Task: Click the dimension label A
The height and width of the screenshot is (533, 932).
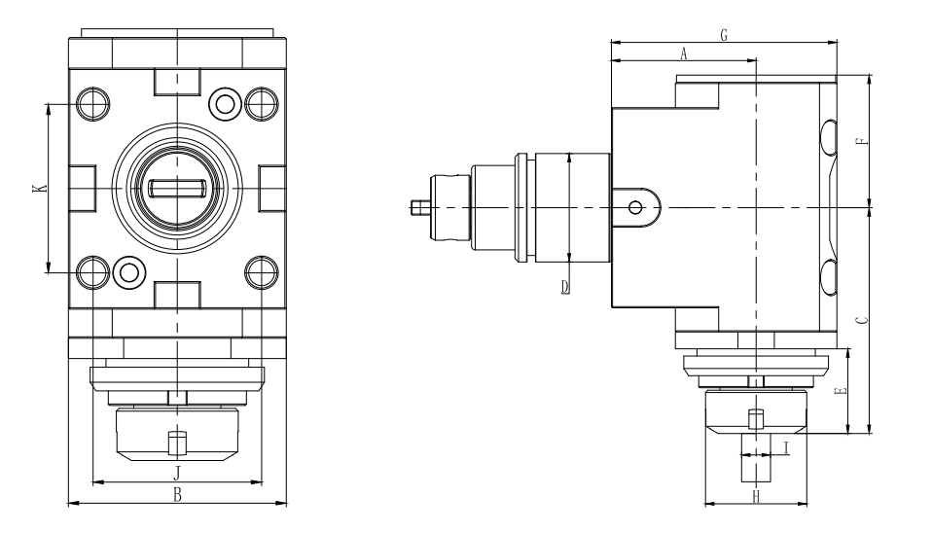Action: pyautogui.click(x=683, y=55)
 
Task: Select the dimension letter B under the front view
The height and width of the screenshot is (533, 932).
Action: pyautogui.click(x=177, y=495)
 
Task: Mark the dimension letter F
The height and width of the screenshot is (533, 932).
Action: pyautogui.click(x=859, y=142)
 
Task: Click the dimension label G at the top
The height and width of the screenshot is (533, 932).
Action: pyautogui.click(x=723, y=34)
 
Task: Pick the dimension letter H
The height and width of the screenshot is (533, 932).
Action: pyautogui.click(x=756, y=496)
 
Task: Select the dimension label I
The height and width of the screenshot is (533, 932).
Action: pyautogui.click(x=786, y=447)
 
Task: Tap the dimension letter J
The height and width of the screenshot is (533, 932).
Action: pyautogui.click(x=177, y=473)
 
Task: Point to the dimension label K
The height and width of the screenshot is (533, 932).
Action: pyautogui.click(x=37, y=187)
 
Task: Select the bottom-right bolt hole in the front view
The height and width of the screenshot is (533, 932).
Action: pyautogui.click(x=261, y=270)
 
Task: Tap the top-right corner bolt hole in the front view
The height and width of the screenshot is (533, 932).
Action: pyautogui.click(x=261, y=102)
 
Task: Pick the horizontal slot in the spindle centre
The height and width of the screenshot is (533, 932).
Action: pyautogui.click(x=177, y=187)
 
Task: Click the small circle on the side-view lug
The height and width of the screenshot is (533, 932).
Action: pyautogui.click(x=635, y=206)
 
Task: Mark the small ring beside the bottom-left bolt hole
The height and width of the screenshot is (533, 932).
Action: pyautogui.click(x=126, y=270)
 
